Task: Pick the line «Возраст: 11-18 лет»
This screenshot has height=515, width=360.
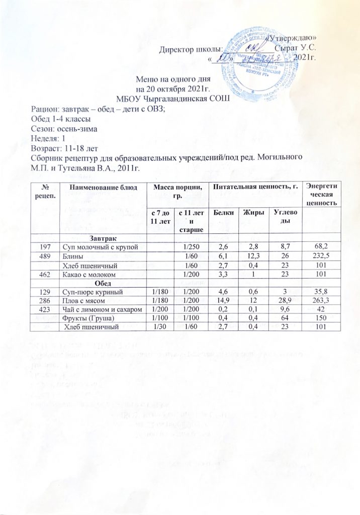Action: coord(65,148)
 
